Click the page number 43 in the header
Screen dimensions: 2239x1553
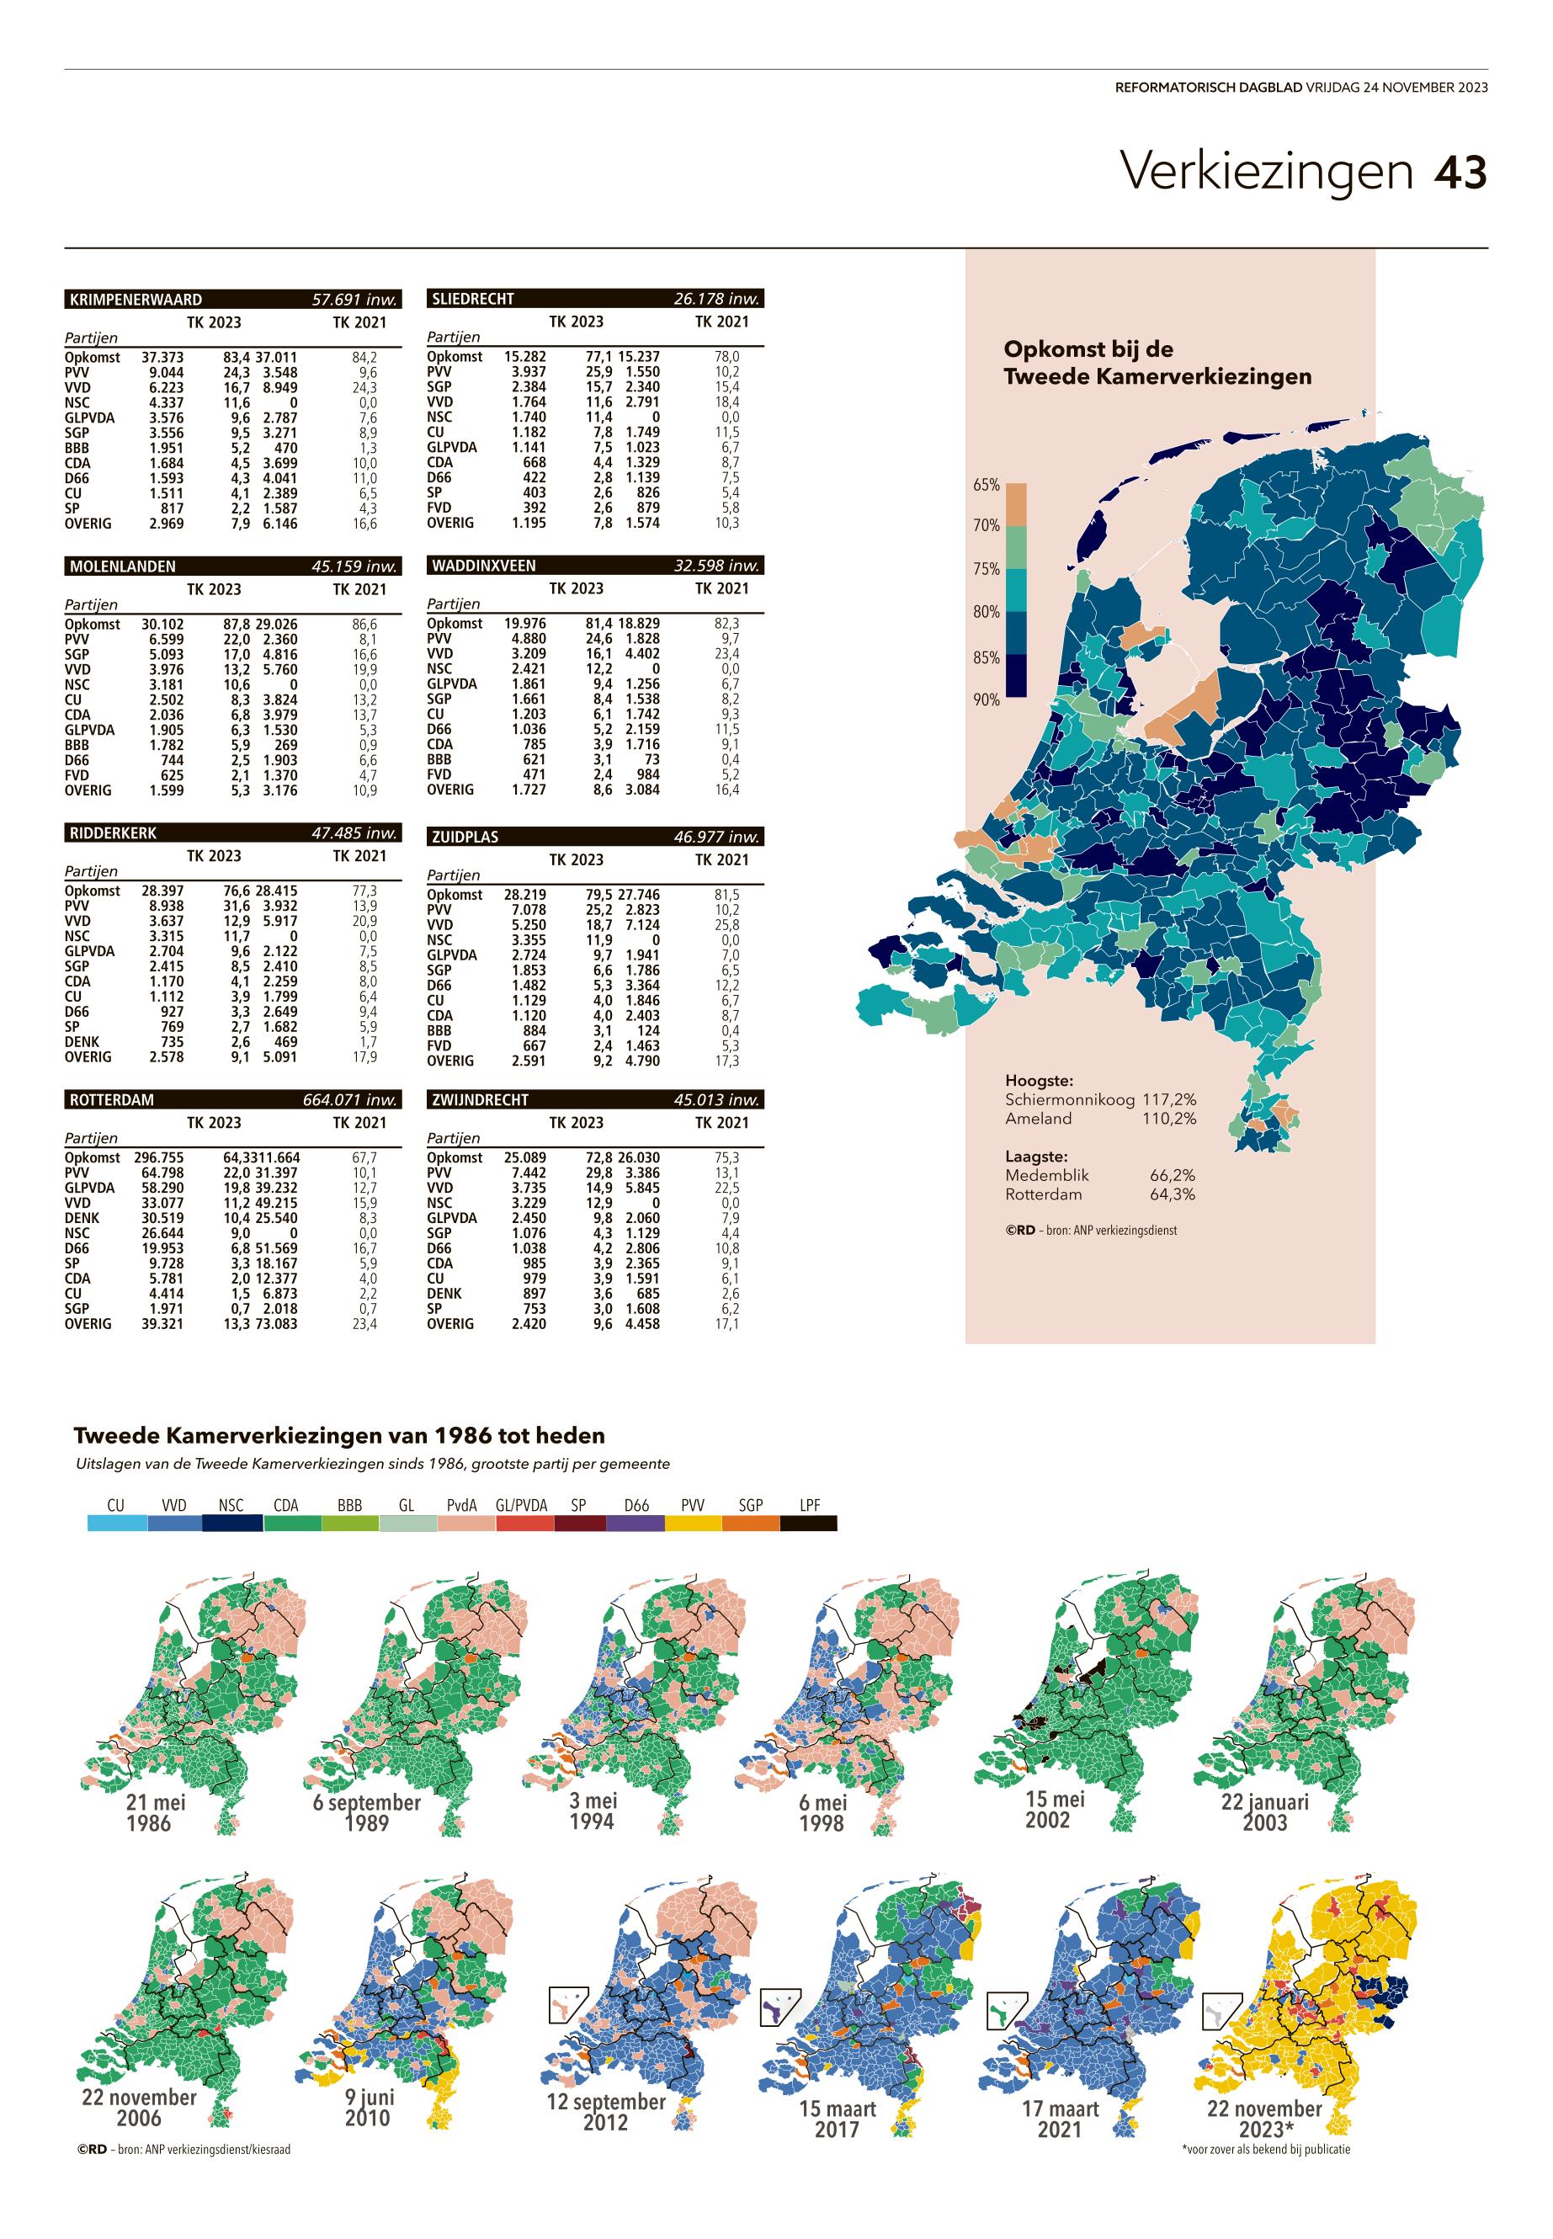pos(1460,171)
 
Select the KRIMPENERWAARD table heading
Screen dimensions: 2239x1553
pos(136,300)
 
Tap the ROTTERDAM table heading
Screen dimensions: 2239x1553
pos(112,1099)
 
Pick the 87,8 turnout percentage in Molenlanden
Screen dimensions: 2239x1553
pos(237,624)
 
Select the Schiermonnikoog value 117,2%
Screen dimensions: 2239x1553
pos(1168,1099)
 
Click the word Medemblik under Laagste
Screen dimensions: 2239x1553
pos(1047,1175)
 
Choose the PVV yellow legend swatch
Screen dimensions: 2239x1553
pos(693,1524)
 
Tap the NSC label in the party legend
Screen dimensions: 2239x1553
pos(231,1505)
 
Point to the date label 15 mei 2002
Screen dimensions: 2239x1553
pos(1055,1810)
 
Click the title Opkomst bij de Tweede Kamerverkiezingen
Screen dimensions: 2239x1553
pos(1157,363)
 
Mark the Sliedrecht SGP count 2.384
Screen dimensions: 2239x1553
pos(524,386)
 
